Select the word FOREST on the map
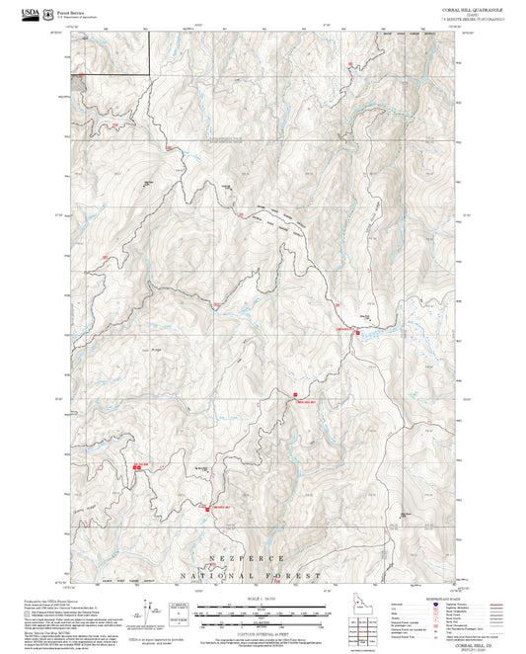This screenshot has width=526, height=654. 298,575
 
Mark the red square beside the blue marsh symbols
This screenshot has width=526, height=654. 357,333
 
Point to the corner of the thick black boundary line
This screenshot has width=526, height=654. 149,73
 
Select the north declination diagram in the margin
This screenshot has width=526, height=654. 148,610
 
